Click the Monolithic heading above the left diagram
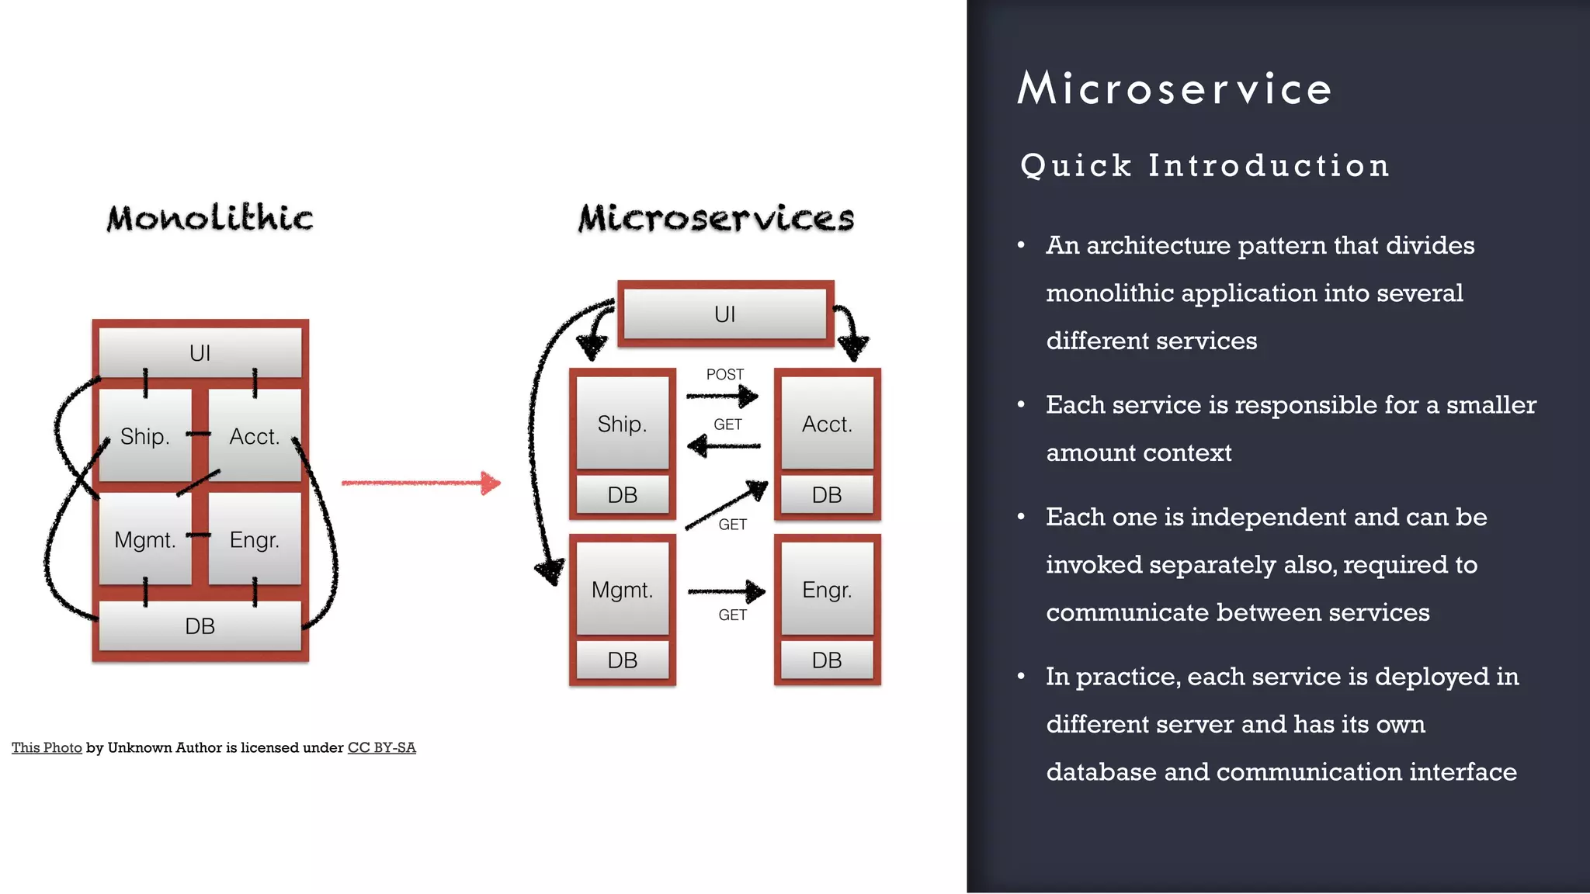click(210, 218)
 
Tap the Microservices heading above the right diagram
click(716, 218)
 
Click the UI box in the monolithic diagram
click(200, 353)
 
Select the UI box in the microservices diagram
click(724, 314)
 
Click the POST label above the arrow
click(724, 374)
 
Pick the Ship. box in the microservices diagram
click(622, 424)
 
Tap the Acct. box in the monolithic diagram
click(255, 436)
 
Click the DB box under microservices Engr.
click(827, 660)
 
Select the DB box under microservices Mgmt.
click(622, 660)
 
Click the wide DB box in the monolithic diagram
click(200, 626)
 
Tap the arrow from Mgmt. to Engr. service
click(726, 591)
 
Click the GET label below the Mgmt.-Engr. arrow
click(732, 615)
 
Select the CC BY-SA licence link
click(381, 747)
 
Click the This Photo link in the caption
click(47, 747)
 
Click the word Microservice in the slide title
click(1175, 88)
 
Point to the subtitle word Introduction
click(1269, 165)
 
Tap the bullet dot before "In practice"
click(1021, 677)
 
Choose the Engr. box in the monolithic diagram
click(255, 539)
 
